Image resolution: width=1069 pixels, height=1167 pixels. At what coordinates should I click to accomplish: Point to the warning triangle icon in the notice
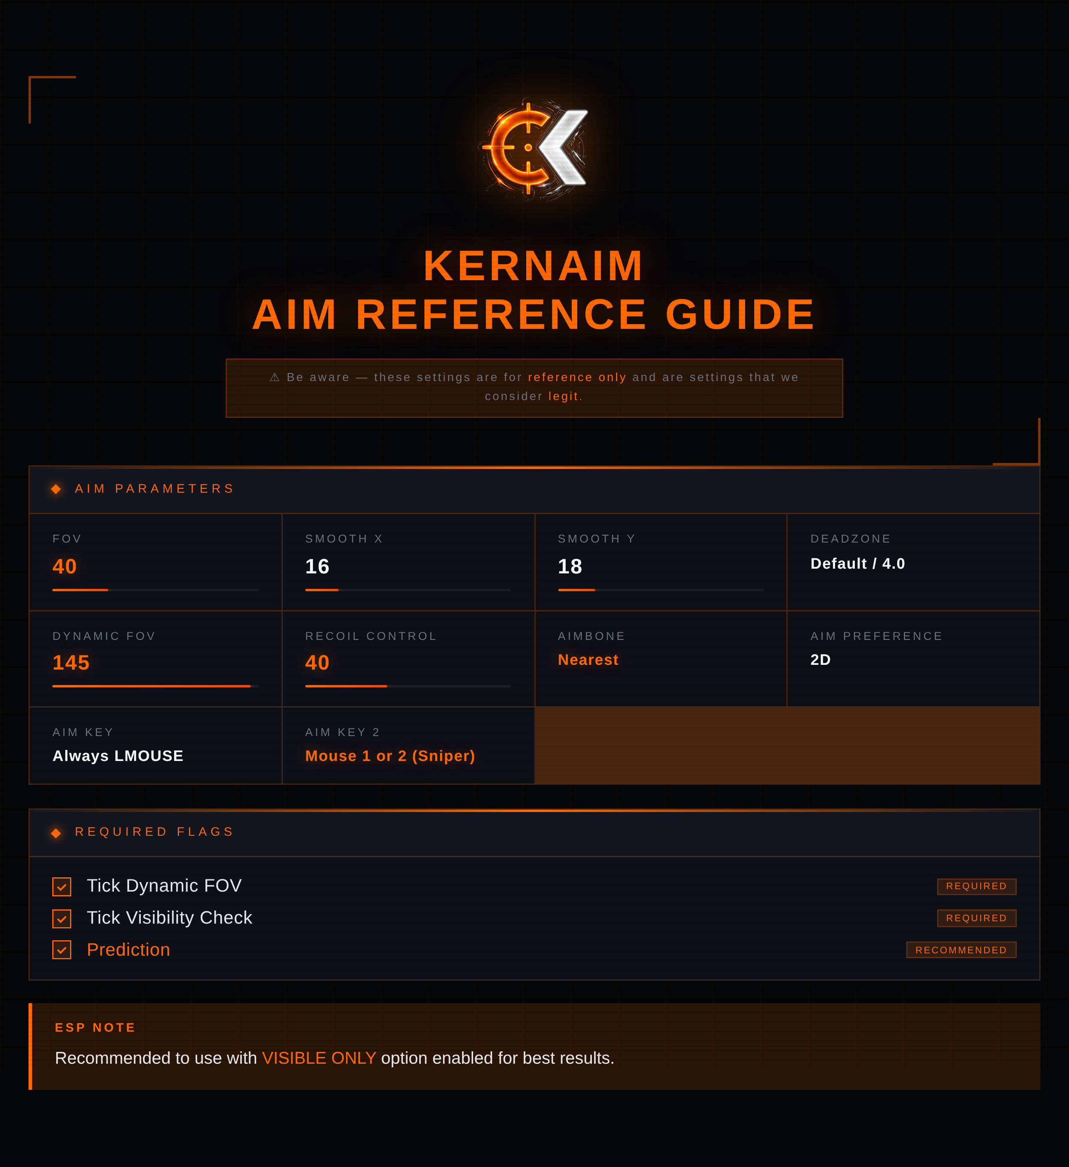[274, 378]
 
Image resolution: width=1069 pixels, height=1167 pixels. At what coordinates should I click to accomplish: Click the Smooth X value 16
[318, 566]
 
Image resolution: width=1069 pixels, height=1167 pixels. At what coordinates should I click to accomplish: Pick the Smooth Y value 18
[570, 566]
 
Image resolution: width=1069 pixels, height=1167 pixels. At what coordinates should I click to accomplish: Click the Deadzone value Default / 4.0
[858, 564]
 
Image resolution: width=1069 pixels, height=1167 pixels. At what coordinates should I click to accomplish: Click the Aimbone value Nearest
[588, 660]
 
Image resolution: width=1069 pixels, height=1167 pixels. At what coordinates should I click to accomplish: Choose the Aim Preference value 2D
[821, 660]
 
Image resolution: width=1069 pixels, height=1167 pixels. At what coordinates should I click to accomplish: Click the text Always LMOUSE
[118, 756]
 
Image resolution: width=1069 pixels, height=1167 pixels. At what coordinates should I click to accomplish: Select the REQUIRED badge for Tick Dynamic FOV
[977, 886]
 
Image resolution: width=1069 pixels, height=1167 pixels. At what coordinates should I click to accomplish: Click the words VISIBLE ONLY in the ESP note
[319, 1058]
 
